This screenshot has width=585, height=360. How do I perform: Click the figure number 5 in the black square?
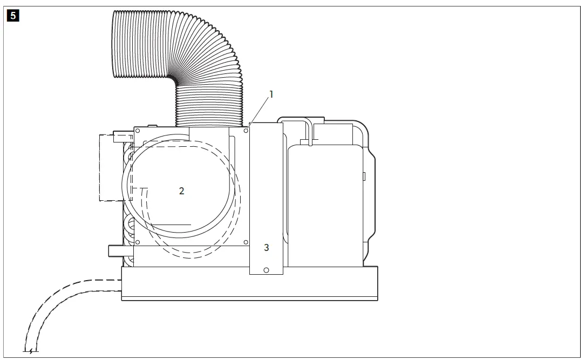(13, 15)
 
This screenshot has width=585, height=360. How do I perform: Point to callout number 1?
(271, 94)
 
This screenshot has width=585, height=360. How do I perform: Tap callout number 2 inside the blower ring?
(182, 191)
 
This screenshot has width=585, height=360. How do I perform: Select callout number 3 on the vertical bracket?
(266, 247)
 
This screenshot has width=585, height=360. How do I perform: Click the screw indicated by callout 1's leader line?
(246, 130)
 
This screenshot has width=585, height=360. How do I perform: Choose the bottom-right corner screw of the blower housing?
(246, 242)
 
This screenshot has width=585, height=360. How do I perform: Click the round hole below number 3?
(266, 269)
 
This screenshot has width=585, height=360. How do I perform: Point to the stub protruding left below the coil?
(115, 250)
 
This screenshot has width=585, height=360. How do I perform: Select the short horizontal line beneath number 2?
(171, 224)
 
